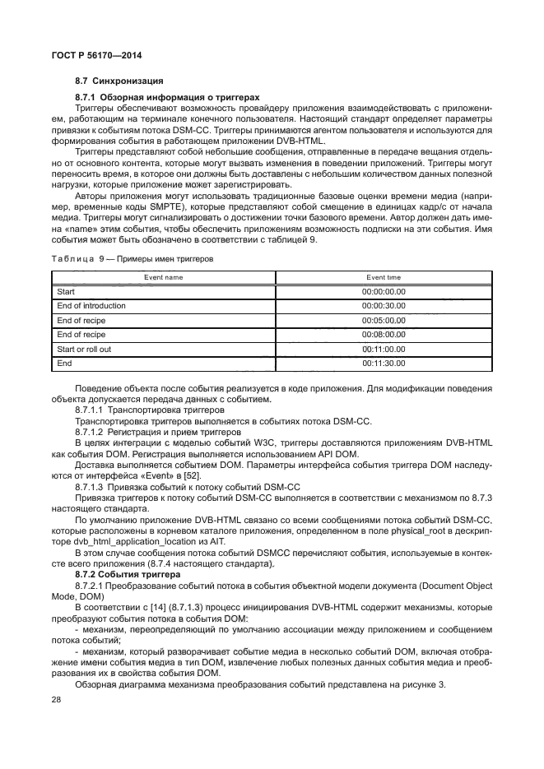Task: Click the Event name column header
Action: [163, 277]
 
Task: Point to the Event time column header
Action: [384, 277]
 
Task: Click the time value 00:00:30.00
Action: [384, 305]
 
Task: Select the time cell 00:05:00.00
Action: [384, 320]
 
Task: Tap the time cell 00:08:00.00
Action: [384, 334]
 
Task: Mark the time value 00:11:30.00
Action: [384, 363]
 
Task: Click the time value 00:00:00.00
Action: [384, 291]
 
